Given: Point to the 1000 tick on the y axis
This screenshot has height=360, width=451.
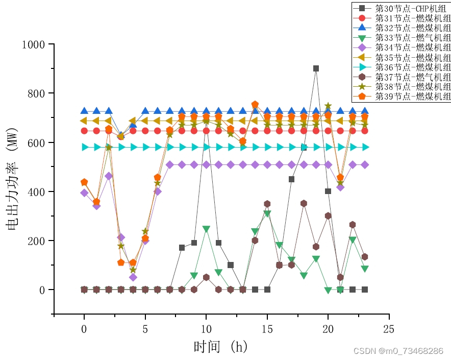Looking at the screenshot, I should (35, 44).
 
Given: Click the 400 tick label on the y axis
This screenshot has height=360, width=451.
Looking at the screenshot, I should (39, 191).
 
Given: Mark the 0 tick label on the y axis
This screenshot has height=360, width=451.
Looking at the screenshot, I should (44, 290).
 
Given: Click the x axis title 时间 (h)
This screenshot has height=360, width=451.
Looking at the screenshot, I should (220, 347).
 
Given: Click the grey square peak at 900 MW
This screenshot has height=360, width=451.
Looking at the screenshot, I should (316, 68).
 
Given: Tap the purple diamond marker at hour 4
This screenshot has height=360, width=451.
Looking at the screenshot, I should (133, 277).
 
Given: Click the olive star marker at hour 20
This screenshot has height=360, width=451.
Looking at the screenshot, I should (328, 106).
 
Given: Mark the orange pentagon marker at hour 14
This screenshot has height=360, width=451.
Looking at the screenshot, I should (255, 105).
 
